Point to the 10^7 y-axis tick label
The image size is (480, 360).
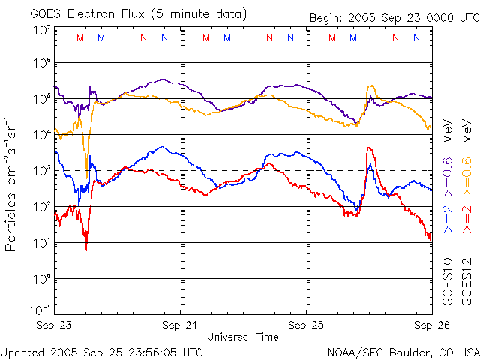pos(41,30)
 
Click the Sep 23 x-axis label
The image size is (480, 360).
pos(55,326)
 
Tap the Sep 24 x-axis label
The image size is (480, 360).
pos(181,326)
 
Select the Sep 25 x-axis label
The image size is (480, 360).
pos(307,326)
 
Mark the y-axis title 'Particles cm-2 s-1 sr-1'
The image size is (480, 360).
pos(13,184)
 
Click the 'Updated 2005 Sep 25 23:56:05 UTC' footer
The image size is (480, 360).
pos(101,352)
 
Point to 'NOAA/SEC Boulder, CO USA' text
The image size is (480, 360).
pos(403,352)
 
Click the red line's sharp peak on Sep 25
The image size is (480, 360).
pos(368,148)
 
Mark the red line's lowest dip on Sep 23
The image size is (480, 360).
pos(86,248)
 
